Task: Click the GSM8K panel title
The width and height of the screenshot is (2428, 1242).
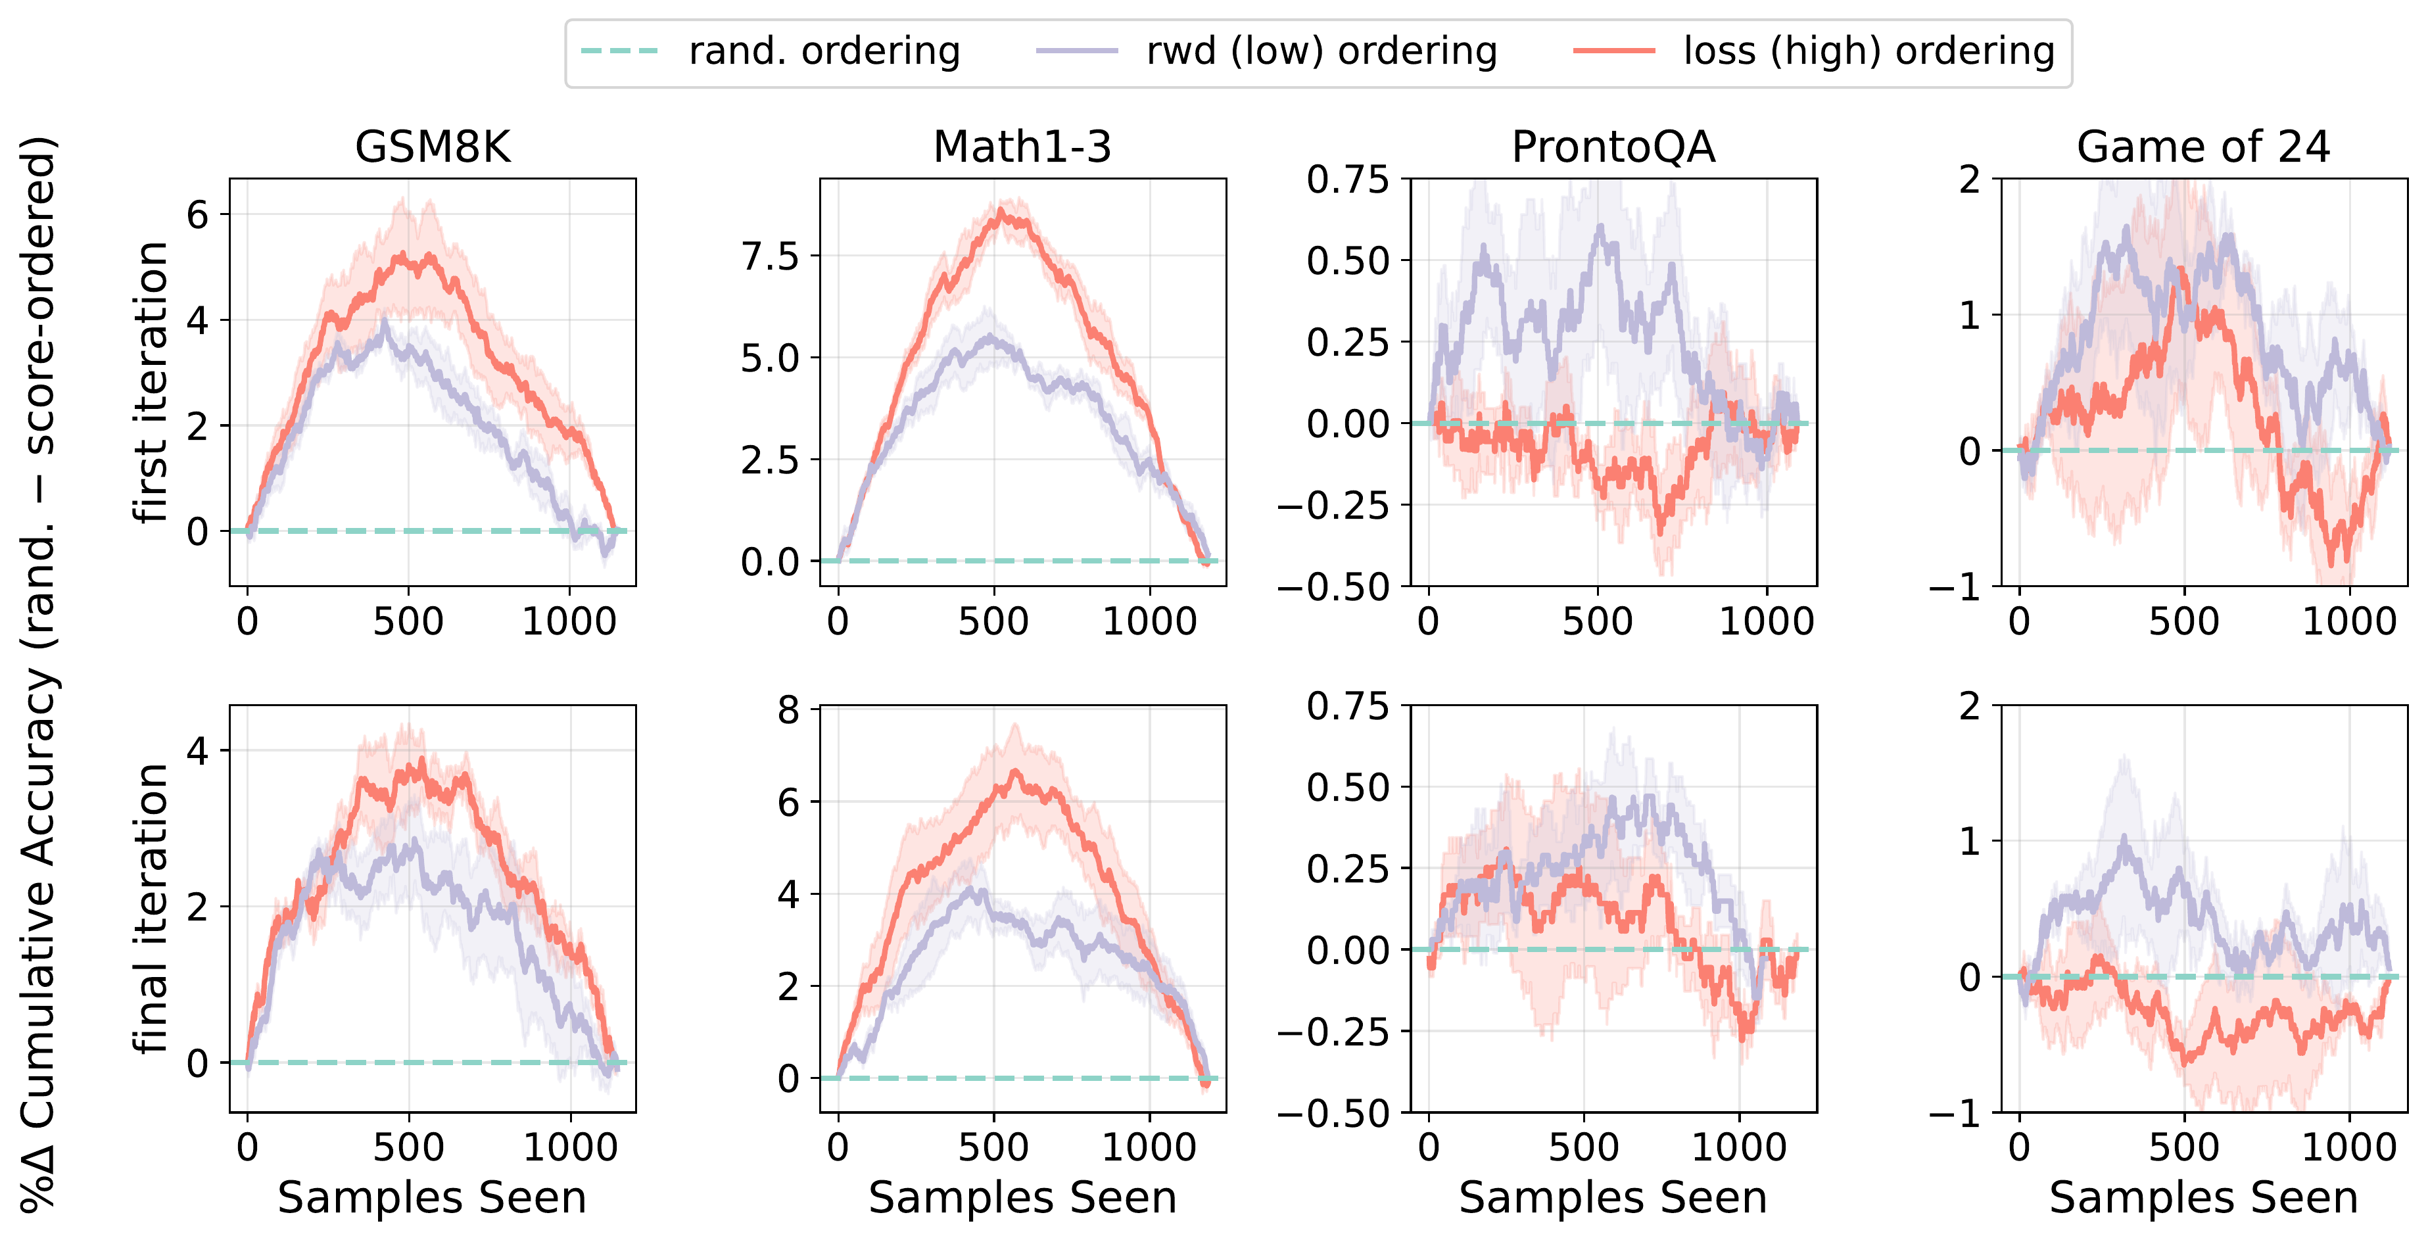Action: pyautogui.click(x=433, y=147)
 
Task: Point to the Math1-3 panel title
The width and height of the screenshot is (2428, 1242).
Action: pyautogui.click(x=1022, y=147)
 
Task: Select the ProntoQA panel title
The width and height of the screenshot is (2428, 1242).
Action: pyautogui.click(x=1613, y=147)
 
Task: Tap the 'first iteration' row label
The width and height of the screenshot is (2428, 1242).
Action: pyautogui.click(x=151, y=381)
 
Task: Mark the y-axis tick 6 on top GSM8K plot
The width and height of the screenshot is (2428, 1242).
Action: pyautogui.click(x=197, y=215)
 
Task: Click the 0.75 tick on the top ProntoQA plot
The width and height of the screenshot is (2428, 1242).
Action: pyautogui.click(x=1347, y=179)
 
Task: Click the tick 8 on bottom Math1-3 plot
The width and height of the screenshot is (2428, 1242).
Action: pyautogui.click(x=788, y=709)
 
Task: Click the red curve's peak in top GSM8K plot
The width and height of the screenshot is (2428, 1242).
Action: pyautogui.click(x=404, y=254)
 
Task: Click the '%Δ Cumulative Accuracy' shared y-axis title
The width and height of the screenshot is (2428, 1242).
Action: pyautogui.click(x=39, y=674)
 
